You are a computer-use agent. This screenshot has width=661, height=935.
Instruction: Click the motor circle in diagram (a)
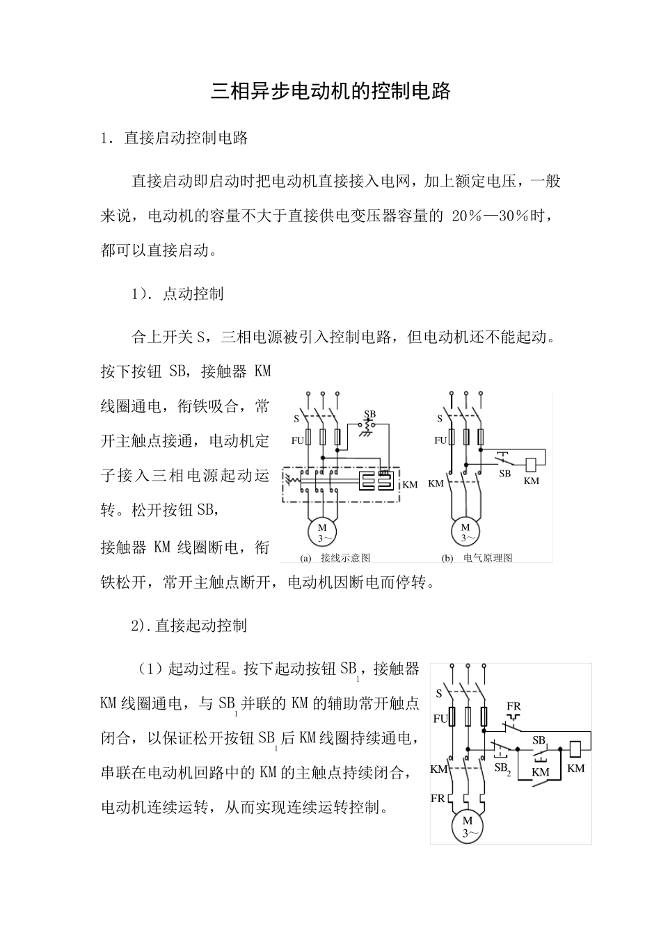[323, 533]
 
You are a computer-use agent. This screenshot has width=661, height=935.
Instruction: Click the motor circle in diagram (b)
[465, 533]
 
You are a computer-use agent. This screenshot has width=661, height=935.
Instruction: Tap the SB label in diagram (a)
[369, 415]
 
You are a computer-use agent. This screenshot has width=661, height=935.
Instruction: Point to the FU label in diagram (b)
[440, 440]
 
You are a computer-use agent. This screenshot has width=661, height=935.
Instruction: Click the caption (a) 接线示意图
[335, 558]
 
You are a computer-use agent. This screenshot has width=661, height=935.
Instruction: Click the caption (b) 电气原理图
[477, 558]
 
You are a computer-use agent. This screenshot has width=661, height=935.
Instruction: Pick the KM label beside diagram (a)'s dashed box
[411, 484]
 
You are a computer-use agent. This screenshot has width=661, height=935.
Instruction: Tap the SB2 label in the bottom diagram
[502, 768]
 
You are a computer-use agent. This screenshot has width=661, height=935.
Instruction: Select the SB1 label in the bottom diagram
[540, 741]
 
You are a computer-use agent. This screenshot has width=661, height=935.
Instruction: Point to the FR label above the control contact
[513, 707]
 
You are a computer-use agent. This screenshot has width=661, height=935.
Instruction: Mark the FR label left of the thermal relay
[438, 799]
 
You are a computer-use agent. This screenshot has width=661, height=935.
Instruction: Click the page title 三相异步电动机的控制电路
[330, 91]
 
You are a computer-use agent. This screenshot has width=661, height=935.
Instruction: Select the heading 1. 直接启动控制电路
[175, 138]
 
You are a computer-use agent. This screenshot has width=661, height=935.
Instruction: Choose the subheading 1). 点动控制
[177, 294]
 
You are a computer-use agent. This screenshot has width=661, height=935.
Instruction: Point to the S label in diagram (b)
[440, 419]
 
